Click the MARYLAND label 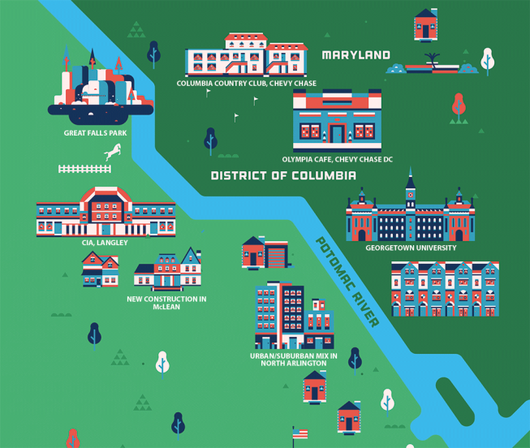(355, 56)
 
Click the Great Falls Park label (95, 132)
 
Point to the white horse (114, 151)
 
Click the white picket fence (84, 169)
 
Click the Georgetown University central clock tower (411, 195)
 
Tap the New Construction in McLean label (166, 303)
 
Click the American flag (300, 433)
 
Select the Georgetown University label (410, 248)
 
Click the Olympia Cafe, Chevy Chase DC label (337, 159)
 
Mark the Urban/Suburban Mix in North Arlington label (290, 359)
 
